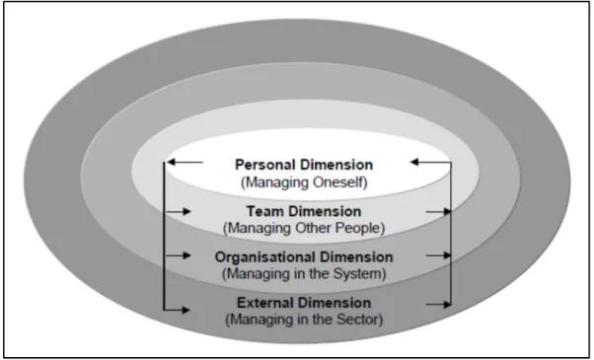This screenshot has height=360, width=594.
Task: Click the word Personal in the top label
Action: pos(264,165)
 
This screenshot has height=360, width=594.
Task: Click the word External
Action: pos(263,303)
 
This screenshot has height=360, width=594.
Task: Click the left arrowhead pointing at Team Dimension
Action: pos(186,212)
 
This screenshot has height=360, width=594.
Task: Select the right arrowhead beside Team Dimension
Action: pos(447,212)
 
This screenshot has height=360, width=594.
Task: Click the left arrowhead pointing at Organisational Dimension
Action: pos(186,255)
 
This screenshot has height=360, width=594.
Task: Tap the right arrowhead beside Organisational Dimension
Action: pos(447,255)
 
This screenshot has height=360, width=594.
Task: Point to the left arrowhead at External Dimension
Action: pos(186,310)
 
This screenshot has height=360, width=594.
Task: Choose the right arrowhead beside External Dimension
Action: pos(447,305)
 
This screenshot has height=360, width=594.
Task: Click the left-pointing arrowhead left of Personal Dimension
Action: pos(172,162)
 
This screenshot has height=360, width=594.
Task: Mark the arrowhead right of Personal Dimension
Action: pos(414,162)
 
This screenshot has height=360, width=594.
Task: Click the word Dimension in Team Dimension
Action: pos(326,211)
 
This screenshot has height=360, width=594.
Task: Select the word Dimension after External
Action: pos(333,303)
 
